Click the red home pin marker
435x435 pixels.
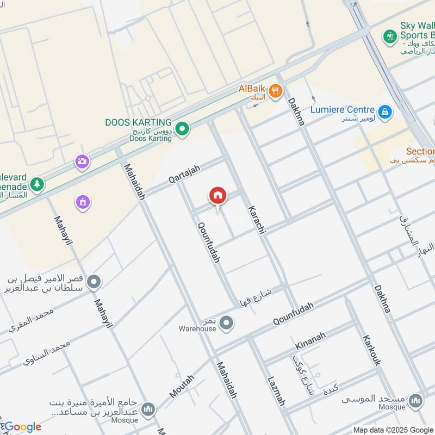tap(217, 196)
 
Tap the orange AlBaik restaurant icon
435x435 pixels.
tap(276, 91)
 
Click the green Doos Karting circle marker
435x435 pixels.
tap(183, 129)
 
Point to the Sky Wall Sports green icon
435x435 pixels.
tap(389, 36)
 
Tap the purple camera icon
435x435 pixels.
tap(82, 161)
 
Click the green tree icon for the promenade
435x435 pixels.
tap(37, 184)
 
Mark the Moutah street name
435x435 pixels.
tap(182, 387)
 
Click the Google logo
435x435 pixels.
tap(22, 427)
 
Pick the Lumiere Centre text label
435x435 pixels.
tap(343, 109)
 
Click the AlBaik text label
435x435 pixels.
tap(252, 88)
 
